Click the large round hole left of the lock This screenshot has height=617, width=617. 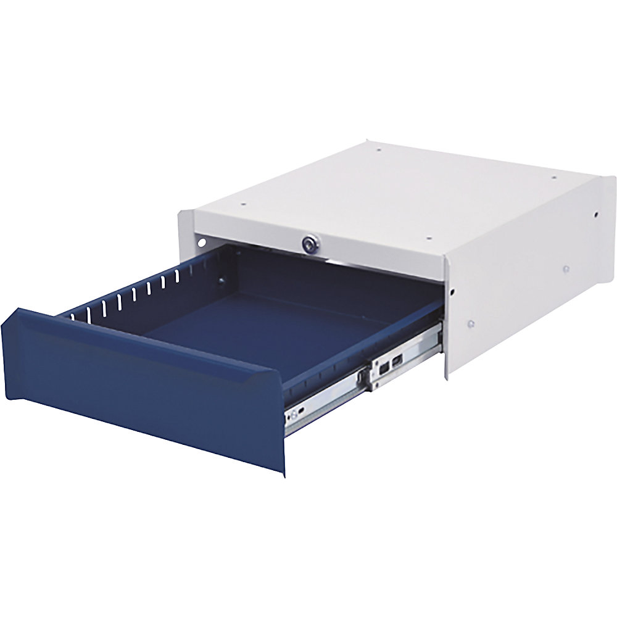[x=201, y=242]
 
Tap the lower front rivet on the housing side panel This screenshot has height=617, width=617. [x=470, y=322]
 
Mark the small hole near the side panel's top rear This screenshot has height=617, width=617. [x=596, y=215]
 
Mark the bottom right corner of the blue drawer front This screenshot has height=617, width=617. [x=285, y=474]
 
